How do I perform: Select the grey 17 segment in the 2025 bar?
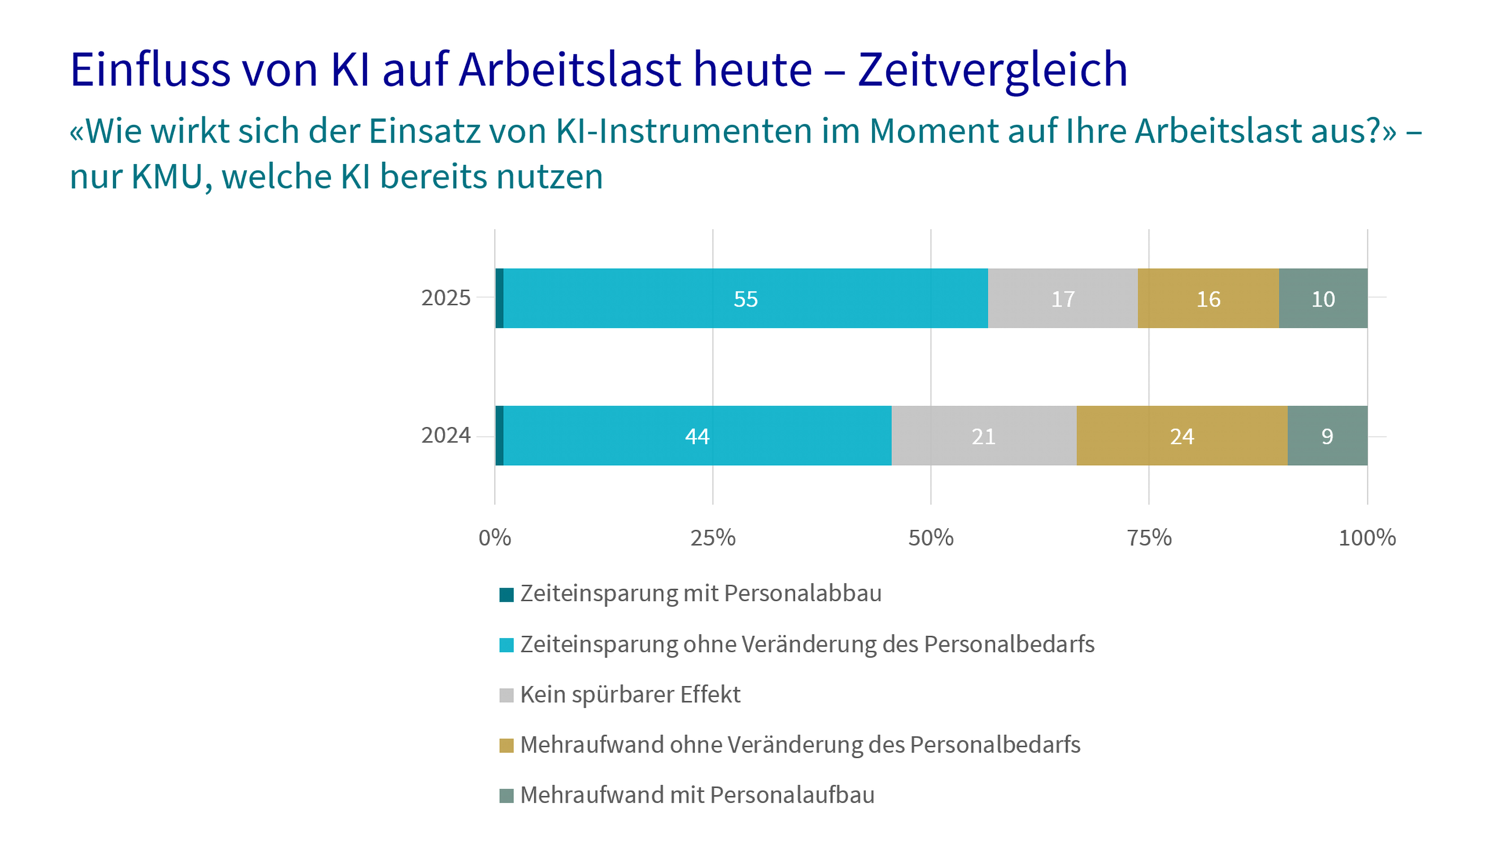[1062, 299]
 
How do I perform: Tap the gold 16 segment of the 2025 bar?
[1208, 299]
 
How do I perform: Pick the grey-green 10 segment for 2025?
[1323, 299]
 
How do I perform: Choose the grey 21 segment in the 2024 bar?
[984, 436]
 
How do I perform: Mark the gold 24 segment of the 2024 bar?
[1182, 436]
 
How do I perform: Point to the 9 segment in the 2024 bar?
[1327, 436]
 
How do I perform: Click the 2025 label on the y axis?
[446, 298]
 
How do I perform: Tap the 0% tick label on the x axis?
[495, 537]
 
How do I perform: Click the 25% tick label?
[713, 537]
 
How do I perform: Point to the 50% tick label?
[931, 537]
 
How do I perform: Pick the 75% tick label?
[1149, 537]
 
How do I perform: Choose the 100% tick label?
[1367, 537]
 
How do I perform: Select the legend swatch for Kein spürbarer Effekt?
[506, 695]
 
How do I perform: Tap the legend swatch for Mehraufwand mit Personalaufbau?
[506, 796]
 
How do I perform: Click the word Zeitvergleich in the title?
[992, 70]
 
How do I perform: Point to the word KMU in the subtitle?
[167, 176]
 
